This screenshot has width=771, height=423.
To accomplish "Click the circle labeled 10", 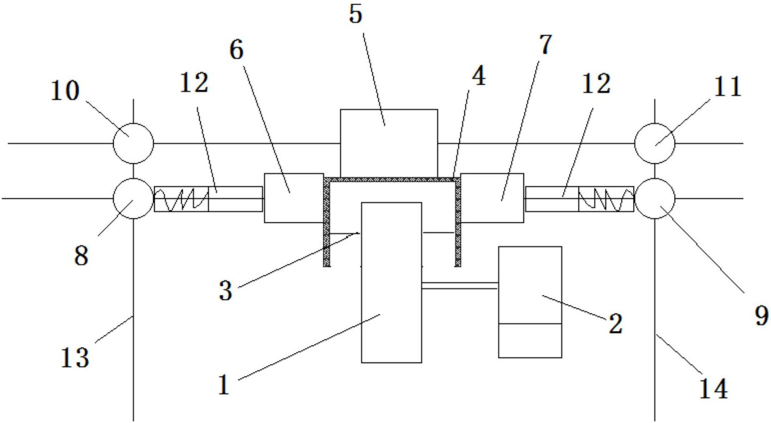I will point(133,143).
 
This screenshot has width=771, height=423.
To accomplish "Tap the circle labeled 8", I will point(133,198).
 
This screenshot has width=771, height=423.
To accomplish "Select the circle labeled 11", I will point(655,143).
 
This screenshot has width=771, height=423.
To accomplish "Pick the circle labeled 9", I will point(655,198).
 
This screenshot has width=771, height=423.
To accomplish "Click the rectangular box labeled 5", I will point(389,143).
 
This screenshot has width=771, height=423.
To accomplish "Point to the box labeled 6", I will point(294,198).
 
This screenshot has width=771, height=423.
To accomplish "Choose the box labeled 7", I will point(492,198).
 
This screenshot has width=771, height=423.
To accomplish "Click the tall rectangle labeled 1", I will point(391,282).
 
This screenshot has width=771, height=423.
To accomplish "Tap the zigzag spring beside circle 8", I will point(181,199).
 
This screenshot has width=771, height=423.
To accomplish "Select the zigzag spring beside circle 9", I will point(606,199).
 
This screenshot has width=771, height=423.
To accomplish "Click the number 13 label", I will point(75,358).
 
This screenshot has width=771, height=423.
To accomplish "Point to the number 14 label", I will point(713,388).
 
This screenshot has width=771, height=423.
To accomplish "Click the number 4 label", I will point(478,77).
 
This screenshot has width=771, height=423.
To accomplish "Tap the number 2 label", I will point(615,323).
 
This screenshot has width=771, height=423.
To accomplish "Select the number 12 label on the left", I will point(194,83).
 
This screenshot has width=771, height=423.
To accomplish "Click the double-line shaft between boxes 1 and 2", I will point(460,285).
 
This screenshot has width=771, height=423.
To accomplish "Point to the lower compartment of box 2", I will point(530,340).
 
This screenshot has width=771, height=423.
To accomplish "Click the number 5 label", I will point(356,14).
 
